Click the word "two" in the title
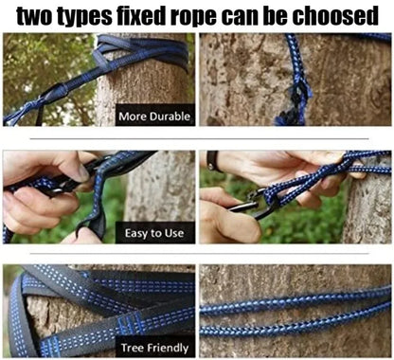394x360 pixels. [35, 16]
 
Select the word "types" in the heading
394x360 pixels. [92, 16]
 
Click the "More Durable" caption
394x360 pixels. [155, 117]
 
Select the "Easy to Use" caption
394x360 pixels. [155, 232]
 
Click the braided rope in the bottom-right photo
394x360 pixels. [294, 305]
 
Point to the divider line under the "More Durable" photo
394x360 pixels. [98, 138]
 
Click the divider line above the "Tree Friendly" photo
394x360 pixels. [98, 254]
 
